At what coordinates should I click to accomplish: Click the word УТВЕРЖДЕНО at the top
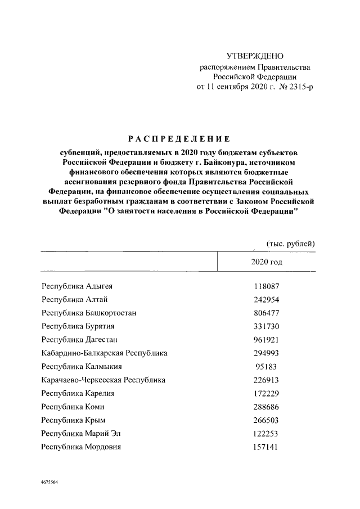pyautogui.click(x=255, y=56)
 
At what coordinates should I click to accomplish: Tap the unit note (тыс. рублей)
pyautogui.click(x=291, y=243)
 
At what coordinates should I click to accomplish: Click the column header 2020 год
pyautogui.click(x=267, y=262)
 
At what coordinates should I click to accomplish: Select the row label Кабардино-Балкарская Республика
pyautogui.click(x=105, y=353)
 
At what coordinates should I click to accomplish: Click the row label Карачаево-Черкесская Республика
pyautogui.click(x=103, y=380)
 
